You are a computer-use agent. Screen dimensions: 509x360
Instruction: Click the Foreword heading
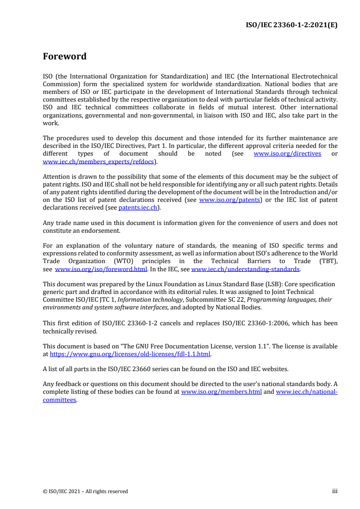[64, 57]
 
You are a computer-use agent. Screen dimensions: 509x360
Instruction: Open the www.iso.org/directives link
[287, 153]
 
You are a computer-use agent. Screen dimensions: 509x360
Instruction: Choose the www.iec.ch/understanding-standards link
[246, 269]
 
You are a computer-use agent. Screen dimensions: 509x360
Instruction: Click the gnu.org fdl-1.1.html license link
[130, 353]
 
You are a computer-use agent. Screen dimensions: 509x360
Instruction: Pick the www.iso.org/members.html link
[221, 392]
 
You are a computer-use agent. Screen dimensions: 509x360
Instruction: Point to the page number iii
[335, 491]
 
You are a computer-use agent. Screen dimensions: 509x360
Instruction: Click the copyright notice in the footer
[85, 491]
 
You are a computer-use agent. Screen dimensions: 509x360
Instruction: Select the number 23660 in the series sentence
[150, 369]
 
